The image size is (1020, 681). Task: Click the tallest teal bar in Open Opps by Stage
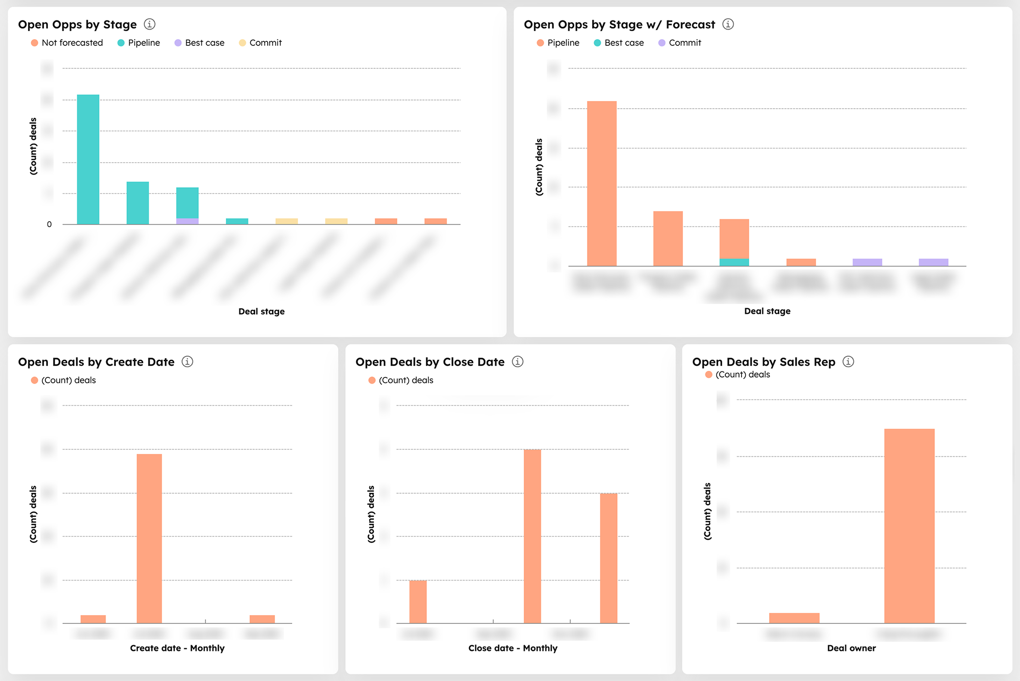pyautogui.click(x=88, y=159)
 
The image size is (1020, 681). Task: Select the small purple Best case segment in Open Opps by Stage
pyautogui.click(x=187, y=221)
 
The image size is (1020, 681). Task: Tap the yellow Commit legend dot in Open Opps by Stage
pyautogui.click(x=243, y=43)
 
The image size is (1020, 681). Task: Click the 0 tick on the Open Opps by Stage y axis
pyautogui.click(x=49, y=224)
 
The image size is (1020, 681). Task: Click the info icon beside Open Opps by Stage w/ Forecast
pyautogui.click(x=728, y=24)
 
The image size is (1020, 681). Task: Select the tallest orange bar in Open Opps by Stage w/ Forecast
pyautogui.click(x=602, y=184)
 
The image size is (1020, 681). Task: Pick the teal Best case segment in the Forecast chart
pyautogui.click(x=734, y=262)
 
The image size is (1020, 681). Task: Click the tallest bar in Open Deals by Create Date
pyautogui.click(x=149, y=538)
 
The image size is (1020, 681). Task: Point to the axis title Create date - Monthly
pyautogui.click(x=177, y=648)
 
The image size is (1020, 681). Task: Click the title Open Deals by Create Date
pyautogui.click(x=96, y=362)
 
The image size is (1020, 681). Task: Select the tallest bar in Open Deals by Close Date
pyautogui.click(x=532, y=536)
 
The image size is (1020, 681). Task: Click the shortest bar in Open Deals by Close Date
pyautogui.click(x=418, y=602)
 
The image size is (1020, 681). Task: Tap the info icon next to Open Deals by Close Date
pyautogui.click(x=518, y=362)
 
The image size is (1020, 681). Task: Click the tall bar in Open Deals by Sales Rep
pyautogui.click(x=909, y=525)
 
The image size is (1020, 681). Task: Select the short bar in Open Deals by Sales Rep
pyautogui.click(x=794, y=618)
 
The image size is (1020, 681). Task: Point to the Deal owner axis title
pyautogui.click(x=851, y=648)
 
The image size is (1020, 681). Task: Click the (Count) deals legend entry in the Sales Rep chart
pyautogui.click(x=743, y=374)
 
